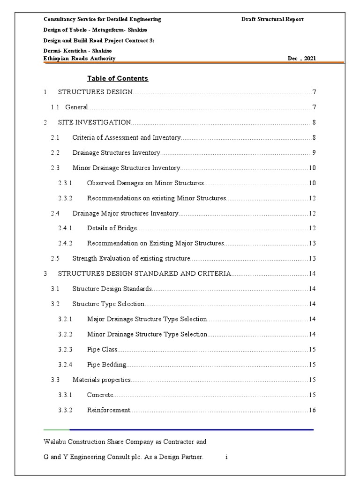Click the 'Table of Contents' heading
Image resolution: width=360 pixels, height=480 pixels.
(118, 78)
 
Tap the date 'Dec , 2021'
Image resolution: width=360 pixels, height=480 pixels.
(302, 59)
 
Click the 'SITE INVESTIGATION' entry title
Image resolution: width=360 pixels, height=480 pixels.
(94, 122)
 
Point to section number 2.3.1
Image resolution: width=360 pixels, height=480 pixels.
(65, 183)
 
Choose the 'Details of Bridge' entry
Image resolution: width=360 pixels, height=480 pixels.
(112, 228)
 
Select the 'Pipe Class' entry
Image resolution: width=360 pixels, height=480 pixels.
(102, 350)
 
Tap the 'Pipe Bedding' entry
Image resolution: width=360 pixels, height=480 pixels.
(107, 365)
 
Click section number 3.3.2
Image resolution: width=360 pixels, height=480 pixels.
(65, 410)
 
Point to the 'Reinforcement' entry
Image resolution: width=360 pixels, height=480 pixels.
(108, 410)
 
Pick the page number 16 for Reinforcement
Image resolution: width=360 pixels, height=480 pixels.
(312, 410)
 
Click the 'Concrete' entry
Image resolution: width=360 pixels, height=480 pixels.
(100, 395)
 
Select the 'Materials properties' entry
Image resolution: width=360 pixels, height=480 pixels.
(102, 380)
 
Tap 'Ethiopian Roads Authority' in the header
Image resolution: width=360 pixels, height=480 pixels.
(79, 59)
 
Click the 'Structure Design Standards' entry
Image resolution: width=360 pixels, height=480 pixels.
(112, 289)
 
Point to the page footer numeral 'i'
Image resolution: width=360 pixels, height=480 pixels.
(226, 457)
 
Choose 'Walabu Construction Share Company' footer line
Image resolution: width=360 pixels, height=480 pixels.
(125, 442)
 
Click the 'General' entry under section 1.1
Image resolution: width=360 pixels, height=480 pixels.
(76, 107)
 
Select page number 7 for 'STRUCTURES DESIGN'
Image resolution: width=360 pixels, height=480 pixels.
(314, 92)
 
